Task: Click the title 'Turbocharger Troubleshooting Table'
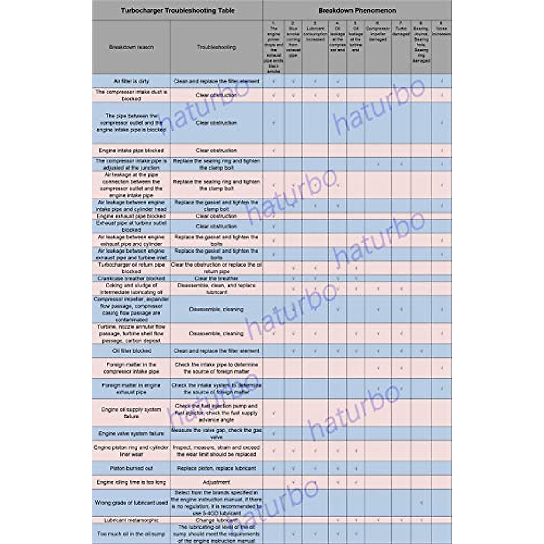click(178, 10)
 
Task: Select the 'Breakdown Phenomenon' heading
click(357, 10)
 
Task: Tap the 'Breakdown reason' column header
click(131, 47)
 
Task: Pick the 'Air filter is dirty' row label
click(131, 81)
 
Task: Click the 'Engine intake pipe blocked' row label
click(131, 150)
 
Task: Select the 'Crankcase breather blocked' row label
click(131, 278)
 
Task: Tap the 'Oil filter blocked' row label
click(131, 350)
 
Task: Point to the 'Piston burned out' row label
click(131, 468)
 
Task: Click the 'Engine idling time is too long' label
click(131, 482)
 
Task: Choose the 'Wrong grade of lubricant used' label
click(131, 503)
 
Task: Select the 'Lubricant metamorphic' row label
click(131, 520)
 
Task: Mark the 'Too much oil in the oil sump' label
click(131, 534)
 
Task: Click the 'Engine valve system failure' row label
click(131, 434)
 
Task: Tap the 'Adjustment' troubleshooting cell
click(216, 482)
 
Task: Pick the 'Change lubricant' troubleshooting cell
click(216, 520)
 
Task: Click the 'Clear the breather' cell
click(216, 278)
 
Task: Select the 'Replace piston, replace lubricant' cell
click(216, 468)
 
